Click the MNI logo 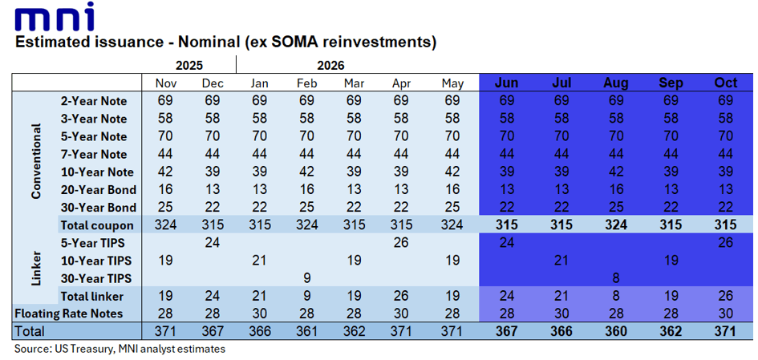pyautogui.click(x=55, y=17)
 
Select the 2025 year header pyautogui.click(x=189, y=65)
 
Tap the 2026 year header pyautogui.click(x=331, y=65)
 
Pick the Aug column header pyautogui.click(x=616, y=83)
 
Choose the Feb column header pyautogui.click(x=307, y=83)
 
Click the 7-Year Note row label pyautogui.click(x=94, y=154)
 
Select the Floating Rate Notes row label pyautogui.click(x=69, y=313)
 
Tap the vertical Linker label pyautogui.click(x=36, y=269)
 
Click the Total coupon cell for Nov pyautogui.click(x=165, y=224)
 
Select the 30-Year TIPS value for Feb pyautogui.click(x=307, y=278)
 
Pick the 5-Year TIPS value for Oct pyautogui.click(x=726, y=243)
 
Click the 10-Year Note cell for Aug pyautogui.click(x=616, y=172)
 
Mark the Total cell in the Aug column pyautogui.click(x=616, y=331)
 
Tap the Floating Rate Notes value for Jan pyautogui.click(x=260, y=313)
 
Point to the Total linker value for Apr pyautogui.click(x=402, y=296)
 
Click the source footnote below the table pyautogui.click(x=120, y=349)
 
